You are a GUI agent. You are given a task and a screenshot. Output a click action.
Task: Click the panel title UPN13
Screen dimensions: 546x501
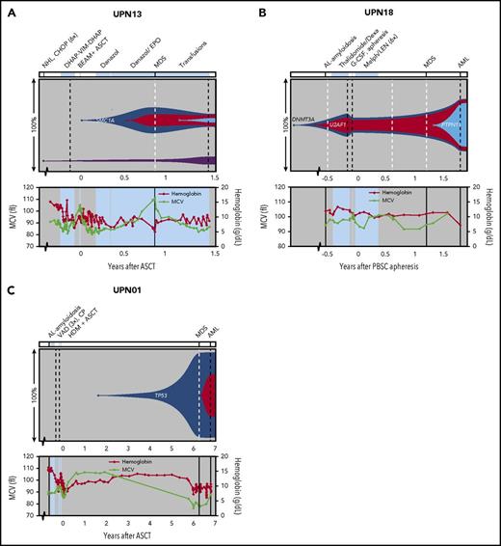point(126,11)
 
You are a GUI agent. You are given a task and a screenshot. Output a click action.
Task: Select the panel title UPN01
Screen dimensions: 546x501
point(126,286)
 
